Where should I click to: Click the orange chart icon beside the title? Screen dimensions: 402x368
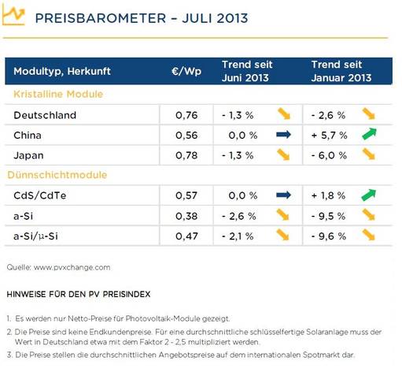pyautogui.click(x=13, y=15)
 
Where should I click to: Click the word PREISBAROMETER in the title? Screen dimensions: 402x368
pyautogui.click(x=101, y=18)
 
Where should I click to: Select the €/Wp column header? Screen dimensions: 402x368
pyautogui.click(x=186, y=71)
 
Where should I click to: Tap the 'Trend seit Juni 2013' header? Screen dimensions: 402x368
pyautogui.click(x=247, y=71)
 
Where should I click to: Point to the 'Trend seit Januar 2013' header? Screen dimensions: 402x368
pyautogui.click(x=341, y=71)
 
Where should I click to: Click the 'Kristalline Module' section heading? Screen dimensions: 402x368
pyautogui.click(x=58, y=94)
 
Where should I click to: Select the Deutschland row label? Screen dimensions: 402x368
pyautogui.click(x=45, y=115)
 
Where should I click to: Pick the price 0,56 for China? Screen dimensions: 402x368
pyautogui.click(x=186, y=136)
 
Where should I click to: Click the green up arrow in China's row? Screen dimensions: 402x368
pyautogui.click(x=369, y=134)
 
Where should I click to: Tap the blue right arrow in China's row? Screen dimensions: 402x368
pyautogui.click(x=283, y=135)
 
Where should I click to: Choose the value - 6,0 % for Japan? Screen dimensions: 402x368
pyautogui.click(x=329, y=155)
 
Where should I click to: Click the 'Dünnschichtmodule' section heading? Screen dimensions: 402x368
pyautogui.click(x=57, y=175)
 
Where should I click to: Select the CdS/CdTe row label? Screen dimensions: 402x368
pyautogui.click(x=40, y=195)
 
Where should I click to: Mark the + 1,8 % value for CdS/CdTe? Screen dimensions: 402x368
pyautogui.click(x=328, y=195)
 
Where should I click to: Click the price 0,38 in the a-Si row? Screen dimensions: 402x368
pyautogui.click(x=186, y=216)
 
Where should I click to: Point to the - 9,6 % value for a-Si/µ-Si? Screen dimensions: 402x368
pyautogui.click(x=329, y=236)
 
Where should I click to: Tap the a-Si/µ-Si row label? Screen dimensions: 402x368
pyautogui.click(x=35, y=236)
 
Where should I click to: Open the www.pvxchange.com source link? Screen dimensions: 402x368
pyautogui.click(x=72, y=267)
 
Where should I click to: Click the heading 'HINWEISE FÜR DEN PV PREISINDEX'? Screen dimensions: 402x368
pyautogui.click(x=79, y=294)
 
